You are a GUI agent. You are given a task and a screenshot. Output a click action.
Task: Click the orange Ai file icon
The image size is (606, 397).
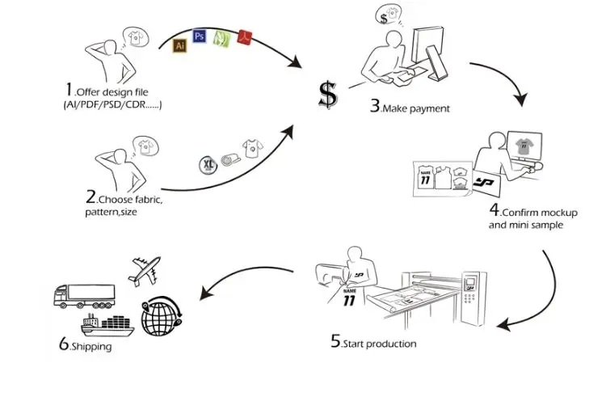[180, 45]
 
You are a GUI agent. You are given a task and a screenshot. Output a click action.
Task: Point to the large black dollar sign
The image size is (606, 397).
[326, 95]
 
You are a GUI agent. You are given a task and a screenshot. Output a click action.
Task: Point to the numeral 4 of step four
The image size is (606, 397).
[493, 209]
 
